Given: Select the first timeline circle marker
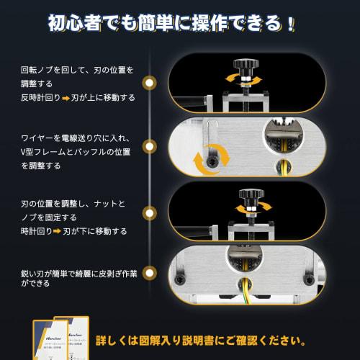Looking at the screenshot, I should [x=149, y=83].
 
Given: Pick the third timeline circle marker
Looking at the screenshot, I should [x=149, y=214].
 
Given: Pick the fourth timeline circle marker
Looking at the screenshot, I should [x=149, y=274].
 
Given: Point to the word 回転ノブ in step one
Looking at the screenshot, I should [x=40, y=70].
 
